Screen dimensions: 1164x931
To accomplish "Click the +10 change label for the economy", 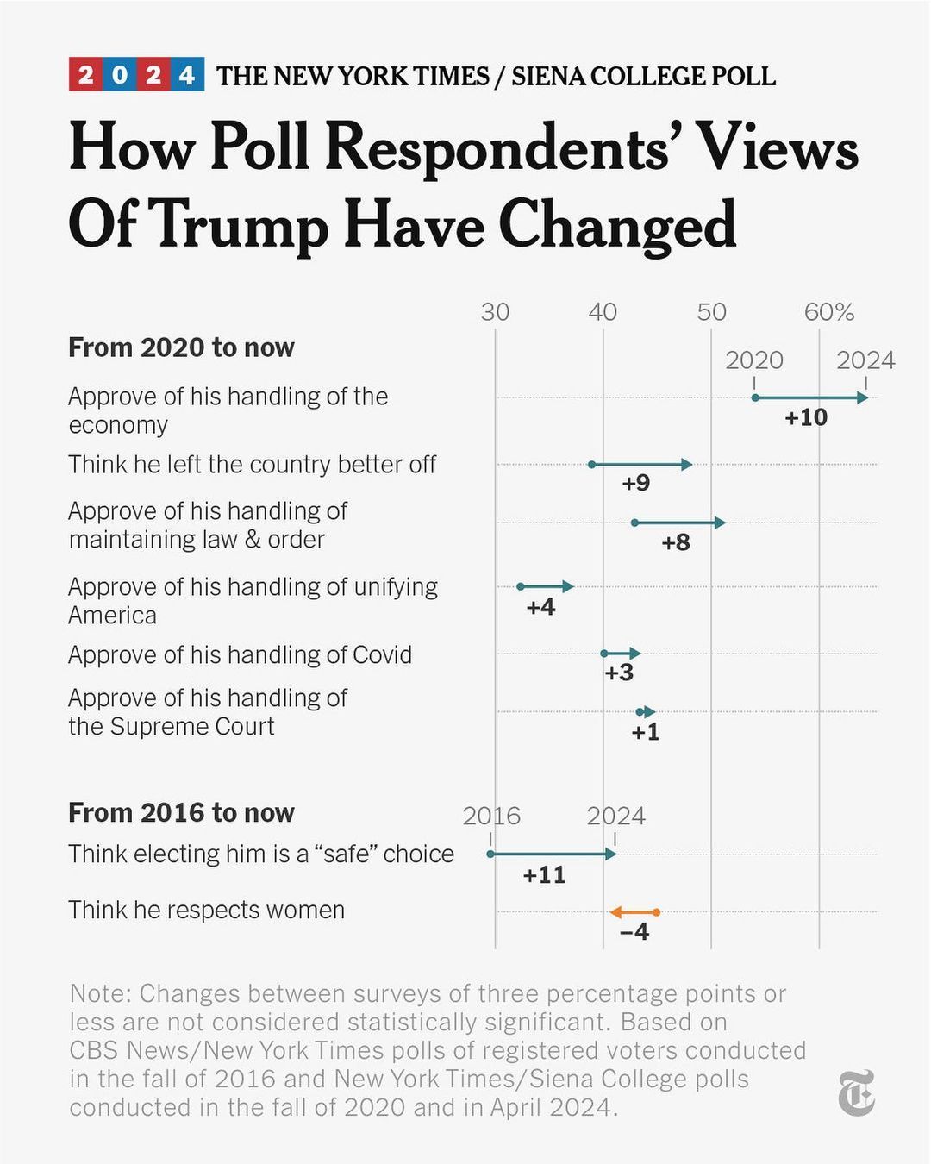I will [x=806, y=417].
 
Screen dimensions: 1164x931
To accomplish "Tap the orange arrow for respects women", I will [x=634, y=912].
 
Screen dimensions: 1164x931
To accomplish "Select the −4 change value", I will [x=634, y=932].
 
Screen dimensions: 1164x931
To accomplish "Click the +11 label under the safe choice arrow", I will [x=544, y=875].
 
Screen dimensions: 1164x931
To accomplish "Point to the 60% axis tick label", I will [x=828, y=312].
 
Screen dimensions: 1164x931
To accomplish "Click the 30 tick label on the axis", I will [x=495, y=312].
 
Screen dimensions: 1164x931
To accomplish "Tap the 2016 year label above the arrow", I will [x=491, y=816].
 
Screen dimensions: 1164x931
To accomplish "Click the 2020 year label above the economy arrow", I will [x=754, y=360].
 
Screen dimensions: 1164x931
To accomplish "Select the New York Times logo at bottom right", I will [x=856, y=1092].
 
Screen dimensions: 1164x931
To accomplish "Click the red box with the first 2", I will [x=85, y=75].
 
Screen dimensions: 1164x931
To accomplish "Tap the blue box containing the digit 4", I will [x=187, y=75].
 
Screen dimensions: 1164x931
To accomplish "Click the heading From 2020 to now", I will [x=181, y=347].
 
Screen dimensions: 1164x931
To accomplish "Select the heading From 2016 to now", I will [x=181, y=813].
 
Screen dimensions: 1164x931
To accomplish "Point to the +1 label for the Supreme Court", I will [x=645, y=732].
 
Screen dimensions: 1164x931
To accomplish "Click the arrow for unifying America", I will [x=546, y=586].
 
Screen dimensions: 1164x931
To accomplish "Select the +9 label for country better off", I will [x=635, y=483].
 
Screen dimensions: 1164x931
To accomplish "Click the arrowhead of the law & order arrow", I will [x=720, y=523].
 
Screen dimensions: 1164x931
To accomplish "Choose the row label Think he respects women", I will [x=206, y=911].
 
